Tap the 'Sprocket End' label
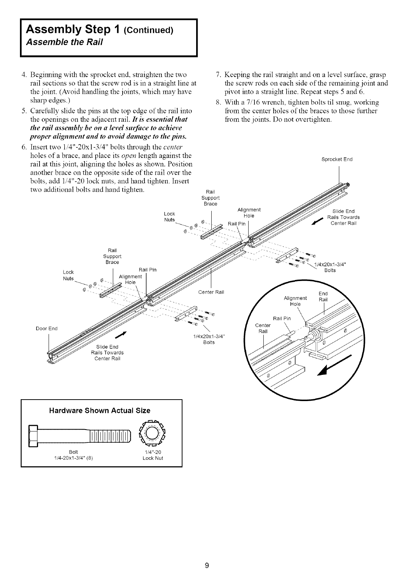337,160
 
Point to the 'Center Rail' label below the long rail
211,293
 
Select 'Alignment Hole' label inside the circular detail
295,301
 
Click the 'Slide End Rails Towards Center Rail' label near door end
107,352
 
